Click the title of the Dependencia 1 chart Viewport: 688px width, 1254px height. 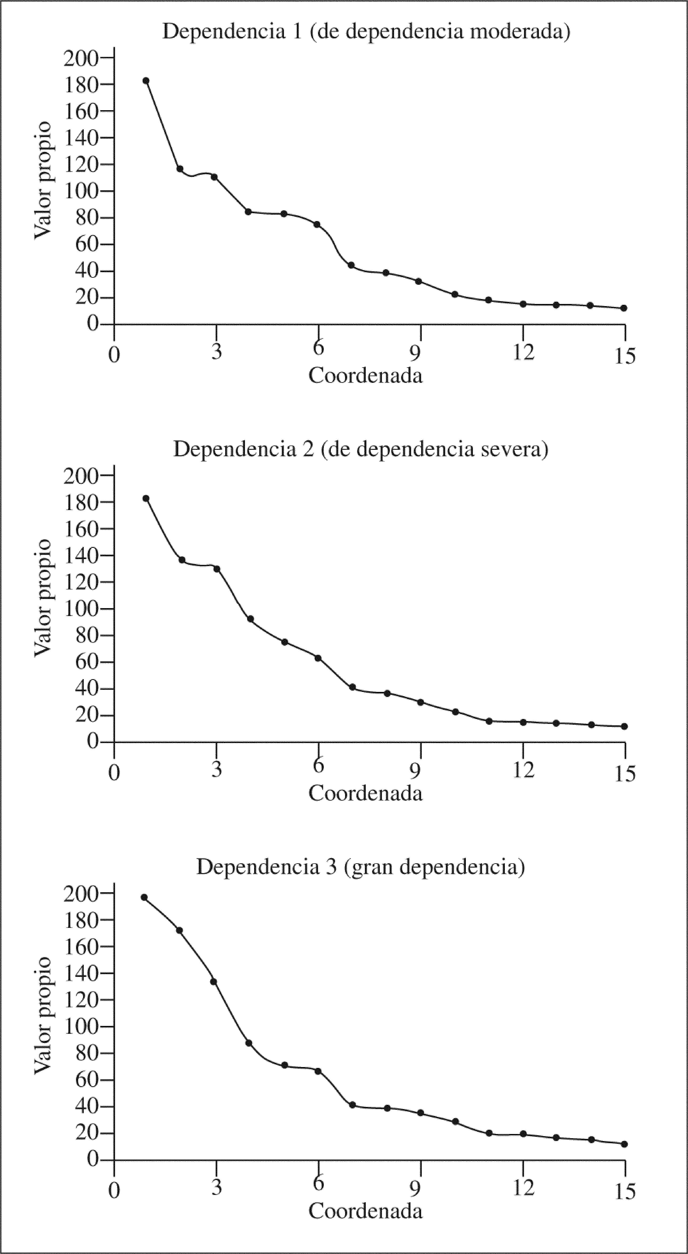point(366,32)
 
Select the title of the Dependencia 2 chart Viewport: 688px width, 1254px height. point(361,449)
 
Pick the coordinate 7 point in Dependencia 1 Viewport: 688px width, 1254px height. point(351,265)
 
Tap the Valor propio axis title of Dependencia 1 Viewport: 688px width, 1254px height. point(43,181)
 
